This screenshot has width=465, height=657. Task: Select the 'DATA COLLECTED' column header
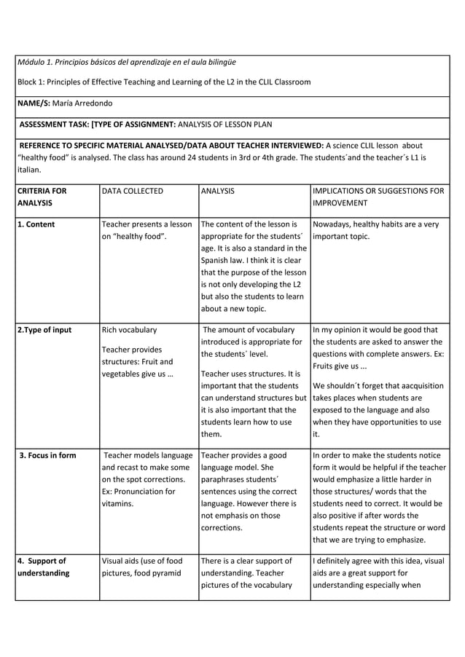tap(133, 191)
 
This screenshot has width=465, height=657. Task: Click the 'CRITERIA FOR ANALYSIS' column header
tap(42, 197)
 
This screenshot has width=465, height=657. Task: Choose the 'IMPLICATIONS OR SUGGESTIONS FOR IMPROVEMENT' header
tap(377, 197)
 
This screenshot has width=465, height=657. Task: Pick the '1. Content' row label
tap(36, 224)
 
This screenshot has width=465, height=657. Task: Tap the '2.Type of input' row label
tap(44, 330)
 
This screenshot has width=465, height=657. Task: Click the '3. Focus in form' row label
tap(47, 456)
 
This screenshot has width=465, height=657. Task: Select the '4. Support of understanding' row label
tap(43, 567)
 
